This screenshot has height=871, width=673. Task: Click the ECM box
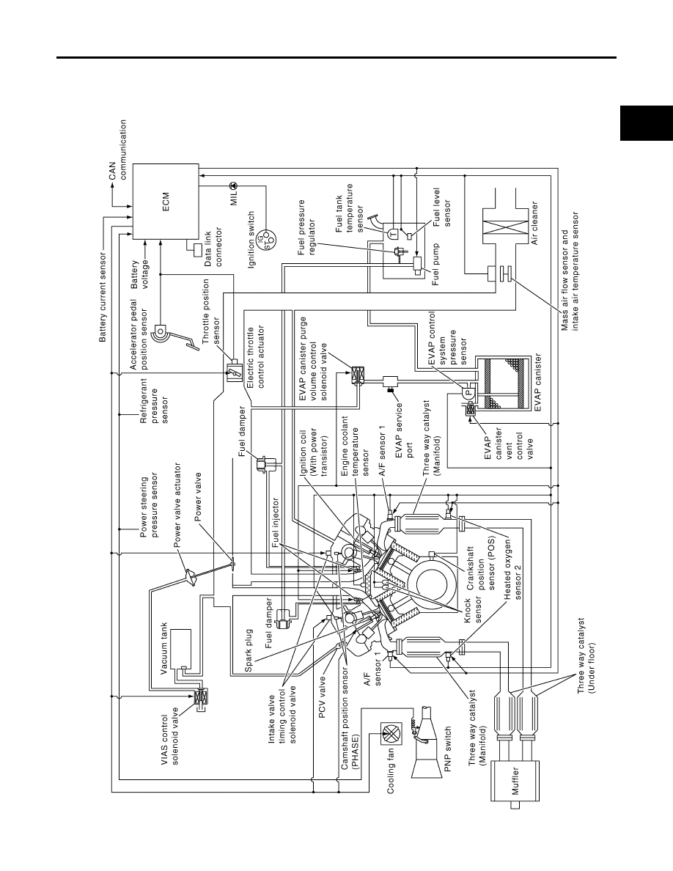[165, 202]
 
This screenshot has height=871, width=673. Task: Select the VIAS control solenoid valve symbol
[199, 697]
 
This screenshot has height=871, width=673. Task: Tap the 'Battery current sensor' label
[102, 298]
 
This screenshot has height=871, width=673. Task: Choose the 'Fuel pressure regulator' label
[306, 228]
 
